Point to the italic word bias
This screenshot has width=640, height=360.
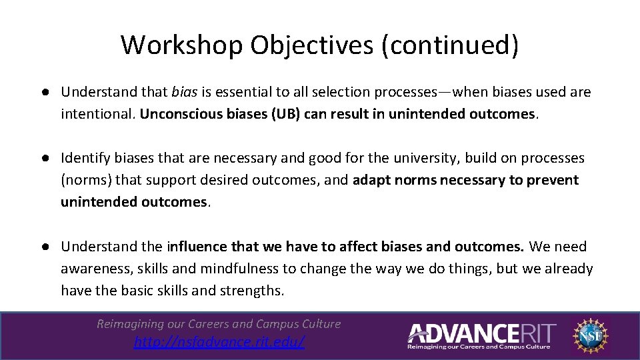pos(184,92)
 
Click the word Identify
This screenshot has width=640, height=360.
pos(85,158)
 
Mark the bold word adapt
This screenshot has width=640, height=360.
pos(372,180)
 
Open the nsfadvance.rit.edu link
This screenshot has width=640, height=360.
pos(219,343)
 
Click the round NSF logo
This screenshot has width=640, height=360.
pos(590,334)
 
